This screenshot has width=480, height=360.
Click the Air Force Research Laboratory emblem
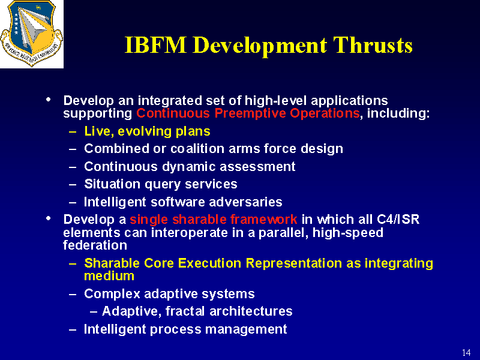click(x=32, y=33)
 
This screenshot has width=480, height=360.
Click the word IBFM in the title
click(x=155, y=46)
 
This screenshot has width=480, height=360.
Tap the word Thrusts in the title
click(x=373, y=46)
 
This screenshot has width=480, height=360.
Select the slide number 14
click(x=466, y=352)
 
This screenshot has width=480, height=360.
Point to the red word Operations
click(x=325, y=113)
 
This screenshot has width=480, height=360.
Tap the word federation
click(x=95, y=245)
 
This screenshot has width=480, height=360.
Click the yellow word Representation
click(x=293, y=263)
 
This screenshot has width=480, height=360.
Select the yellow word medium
click(x=109, y=276)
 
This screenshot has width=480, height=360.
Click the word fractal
click(x=185, y=311)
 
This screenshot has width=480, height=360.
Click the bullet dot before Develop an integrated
click(x=49, y=100)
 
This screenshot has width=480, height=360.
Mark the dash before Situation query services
click(x=73, y=185)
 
